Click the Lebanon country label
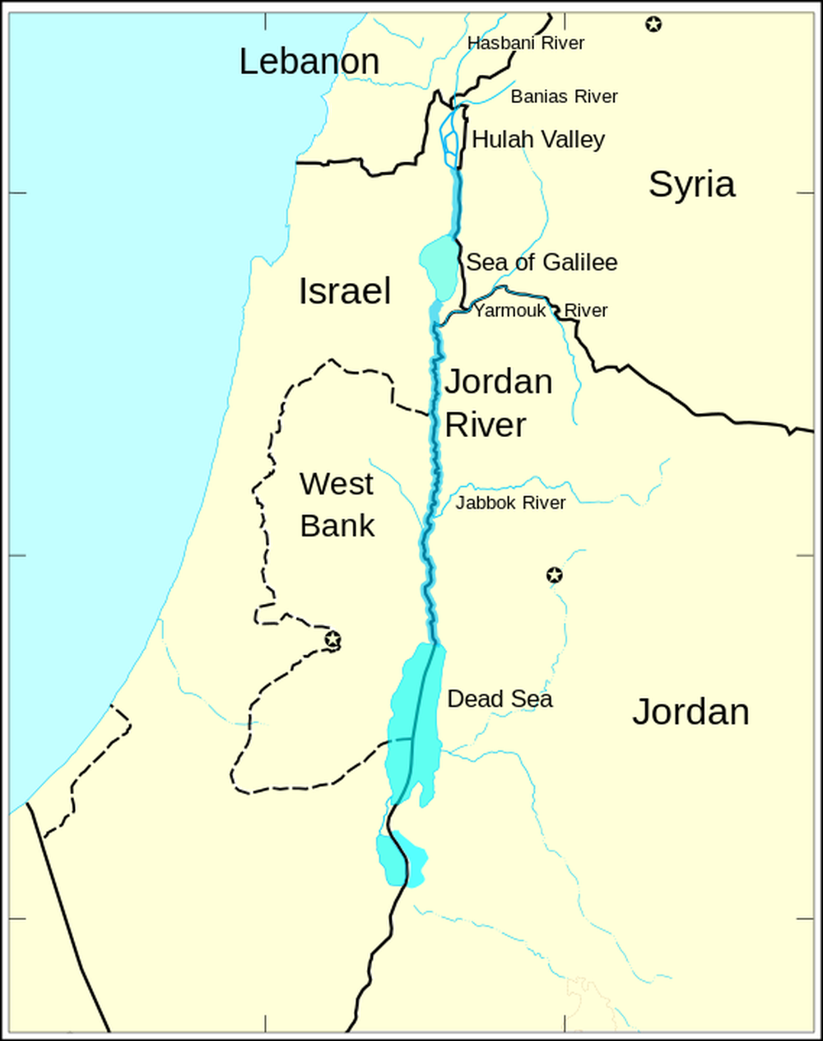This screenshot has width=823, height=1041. pyautogui.click(x=309, y=62)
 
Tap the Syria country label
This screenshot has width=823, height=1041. pyautogui.click(x=691, y=184)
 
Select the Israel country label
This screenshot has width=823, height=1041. pyautogui.click(x=344, y=291)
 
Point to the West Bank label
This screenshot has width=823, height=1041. pyautogui.click(x=337, y=504)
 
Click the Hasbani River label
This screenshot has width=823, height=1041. pyautogui.click(x=525, y=43)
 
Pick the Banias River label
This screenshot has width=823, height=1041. pyautogui.click(x=564, y=96)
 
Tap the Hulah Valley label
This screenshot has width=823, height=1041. pyautogui.click(x=538, y=140)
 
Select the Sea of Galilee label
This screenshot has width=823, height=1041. pyautogui.click(x=542, y=263)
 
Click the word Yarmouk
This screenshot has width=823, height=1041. pyautogui.click(x=510, y=310)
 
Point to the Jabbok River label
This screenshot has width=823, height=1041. pyautogui.click(x=510, y=502)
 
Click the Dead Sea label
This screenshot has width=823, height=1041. pyautogui.click(x=500, y=699)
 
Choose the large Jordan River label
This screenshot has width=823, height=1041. pyautogui.click(x=497, y=403)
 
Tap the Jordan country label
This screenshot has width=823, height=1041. pyautogui.click(x=690, y=712)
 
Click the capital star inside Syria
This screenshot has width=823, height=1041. pyautogui.click(x=653, y=24)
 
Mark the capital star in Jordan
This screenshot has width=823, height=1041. pyautogui.click(x=555, y=574)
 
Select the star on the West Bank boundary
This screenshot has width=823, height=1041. pyautogui.click(x=332, y=639)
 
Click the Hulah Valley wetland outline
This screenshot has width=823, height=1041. pyautogui.click(x=449, y=136)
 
